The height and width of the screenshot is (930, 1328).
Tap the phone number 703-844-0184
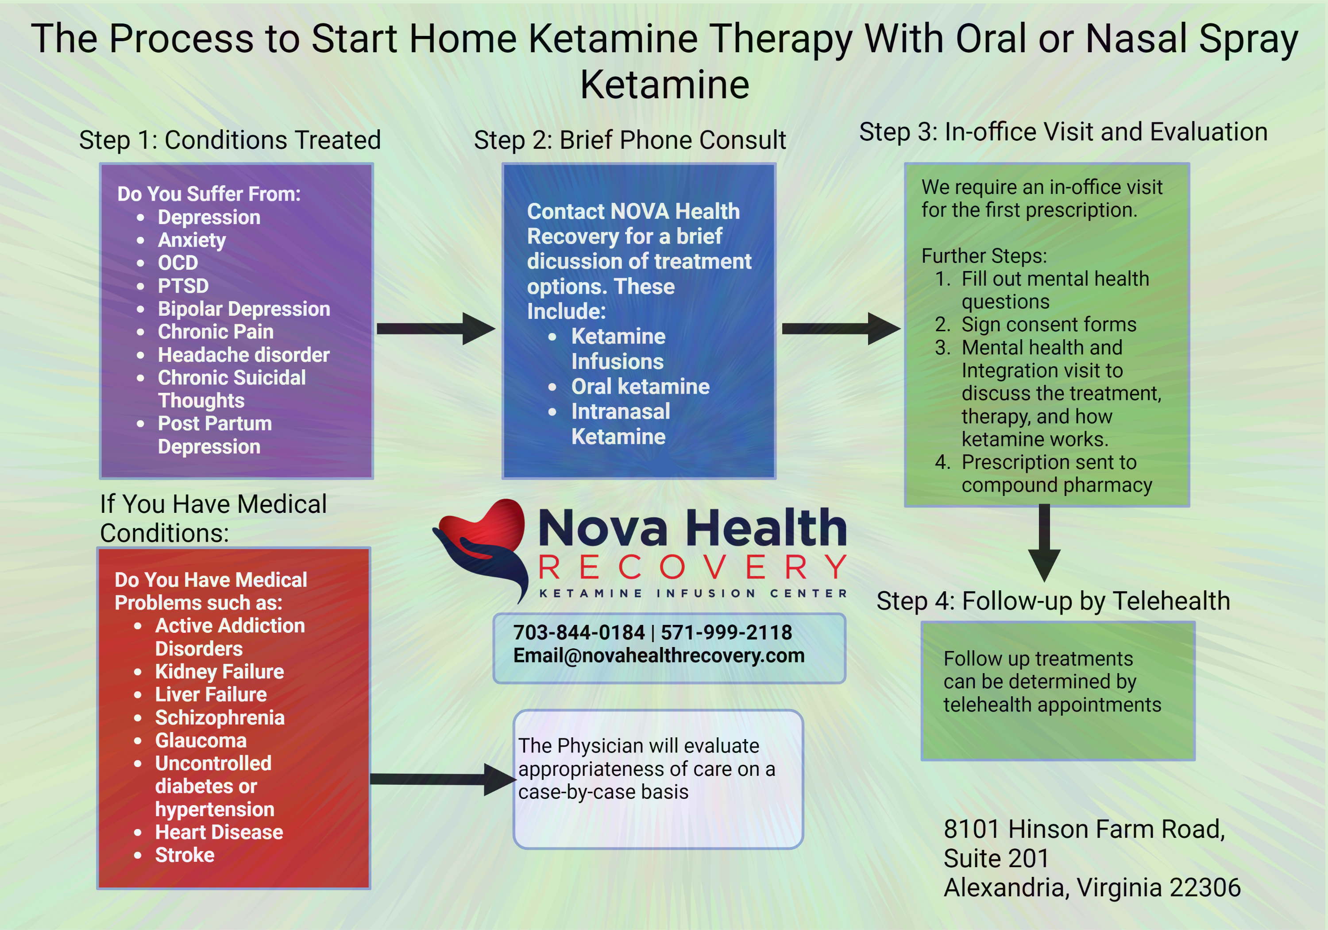pos(579,632)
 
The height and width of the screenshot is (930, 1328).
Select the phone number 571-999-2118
pos(726,632)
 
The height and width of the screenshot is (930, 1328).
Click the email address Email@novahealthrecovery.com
pos(659,656)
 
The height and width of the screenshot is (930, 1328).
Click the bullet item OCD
pos(178,263)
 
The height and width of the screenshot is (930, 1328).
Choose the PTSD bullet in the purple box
pos(183,286)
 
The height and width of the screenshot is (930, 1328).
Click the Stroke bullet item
pos(185,855)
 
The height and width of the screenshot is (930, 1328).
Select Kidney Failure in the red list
pos(219,671)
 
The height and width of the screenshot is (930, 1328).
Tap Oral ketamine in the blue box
pos(640,387)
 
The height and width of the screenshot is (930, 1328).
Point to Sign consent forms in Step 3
pos(1048,325)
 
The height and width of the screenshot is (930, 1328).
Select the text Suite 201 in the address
pos(996,858)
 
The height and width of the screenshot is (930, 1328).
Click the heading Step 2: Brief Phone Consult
pos(629,140)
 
